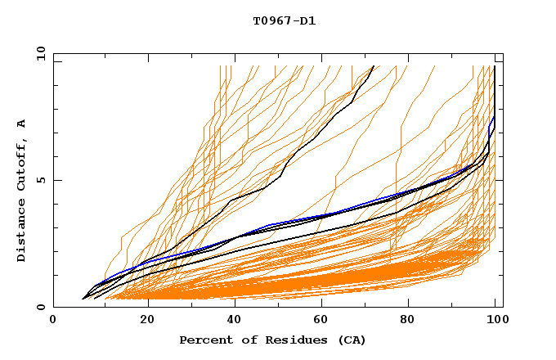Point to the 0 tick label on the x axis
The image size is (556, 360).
tap(53, 320)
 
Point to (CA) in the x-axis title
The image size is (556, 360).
tap(348, 340)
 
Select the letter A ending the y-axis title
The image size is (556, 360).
tap(21, 124)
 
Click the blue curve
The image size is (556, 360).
tap(270, 224)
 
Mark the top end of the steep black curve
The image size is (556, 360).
tap(374, 65)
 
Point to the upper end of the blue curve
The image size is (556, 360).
tap(494, 117)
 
